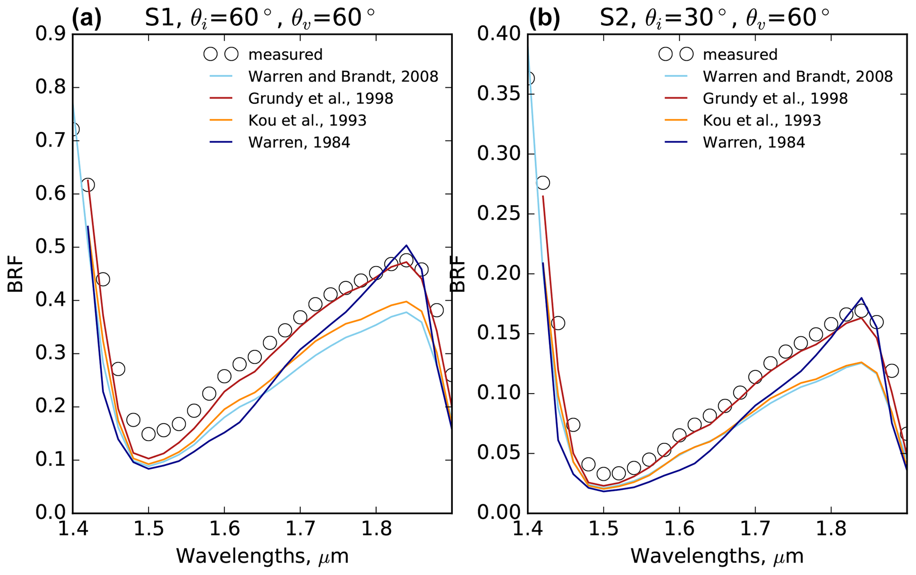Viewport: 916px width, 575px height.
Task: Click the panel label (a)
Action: click(x=87, y=19)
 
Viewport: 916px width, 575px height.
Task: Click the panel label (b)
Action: click(x=545, y=19)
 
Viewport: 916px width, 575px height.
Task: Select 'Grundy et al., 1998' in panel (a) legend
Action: click(x=320, y=98)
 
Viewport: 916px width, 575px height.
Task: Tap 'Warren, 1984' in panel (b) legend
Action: click(x=753, y=142)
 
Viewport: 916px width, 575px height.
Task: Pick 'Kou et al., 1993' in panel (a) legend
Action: click(x=307, y=121)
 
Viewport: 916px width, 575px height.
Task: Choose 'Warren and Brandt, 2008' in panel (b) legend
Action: click(x=797, y=77)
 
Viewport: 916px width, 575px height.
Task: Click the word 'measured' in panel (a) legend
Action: click(x=285, y=55)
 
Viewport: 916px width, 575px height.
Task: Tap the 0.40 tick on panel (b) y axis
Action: click(x=499, y=35)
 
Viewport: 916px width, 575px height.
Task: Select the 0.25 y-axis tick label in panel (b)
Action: click(x=499, y=214)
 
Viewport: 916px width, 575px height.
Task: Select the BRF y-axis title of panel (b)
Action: click(x=458, y=274)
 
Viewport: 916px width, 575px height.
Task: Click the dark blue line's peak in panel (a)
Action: click(x=406, y=245)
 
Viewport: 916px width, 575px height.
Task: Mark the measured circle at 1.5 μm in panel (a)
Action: click(x=148, y=434)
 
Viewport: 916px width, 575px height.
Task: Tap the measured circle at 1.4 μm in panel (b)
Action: click(x=529, y=79)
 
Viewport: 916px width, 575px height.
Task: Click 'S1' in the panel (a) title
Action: click(x=161, y=19)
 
